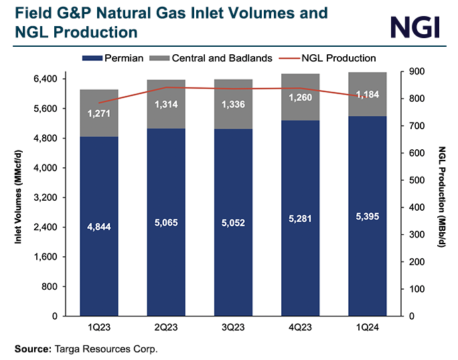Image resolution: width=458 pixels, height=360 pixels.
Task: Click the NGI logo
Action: pyautogui.click(x=414, y=27)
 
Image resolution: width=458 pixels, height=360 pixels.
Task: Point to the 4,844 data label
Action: pyautogui.click(x=99, y=228)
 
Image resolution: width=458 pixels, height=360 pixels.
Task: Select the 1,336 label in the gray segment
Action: pyautogui.click(x=234, y=104)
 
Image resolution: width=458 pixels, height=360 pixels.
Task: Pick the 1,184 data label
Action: pyautogui.click(x=368, y=94)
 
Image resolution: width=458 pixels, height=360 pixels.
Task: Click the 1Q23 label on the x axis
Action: pyautogui.click(x=99, y=327)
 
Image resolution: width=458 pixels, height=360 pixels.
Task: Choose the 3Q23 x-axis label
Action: pyautogui.click(x=234, y=327)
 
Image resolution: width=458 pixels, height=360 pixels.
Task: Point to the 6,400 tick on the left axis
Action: pyautogui.click(x=45, y=79)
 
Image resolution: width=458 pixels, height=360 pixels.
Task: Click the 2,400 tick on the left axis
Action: pyautogui.click(x=45, y=228)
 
